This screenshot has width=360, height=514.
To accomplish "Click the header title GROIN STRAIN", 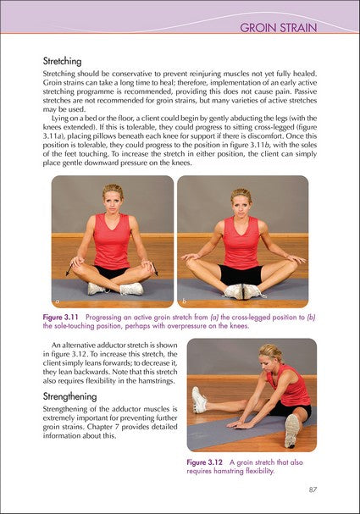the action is point(278,28).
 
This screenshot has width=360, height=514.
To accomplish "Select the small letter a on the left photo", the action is point(58,301).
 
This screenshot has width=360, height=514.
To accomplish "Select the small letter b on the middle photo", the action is point(183,301).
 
